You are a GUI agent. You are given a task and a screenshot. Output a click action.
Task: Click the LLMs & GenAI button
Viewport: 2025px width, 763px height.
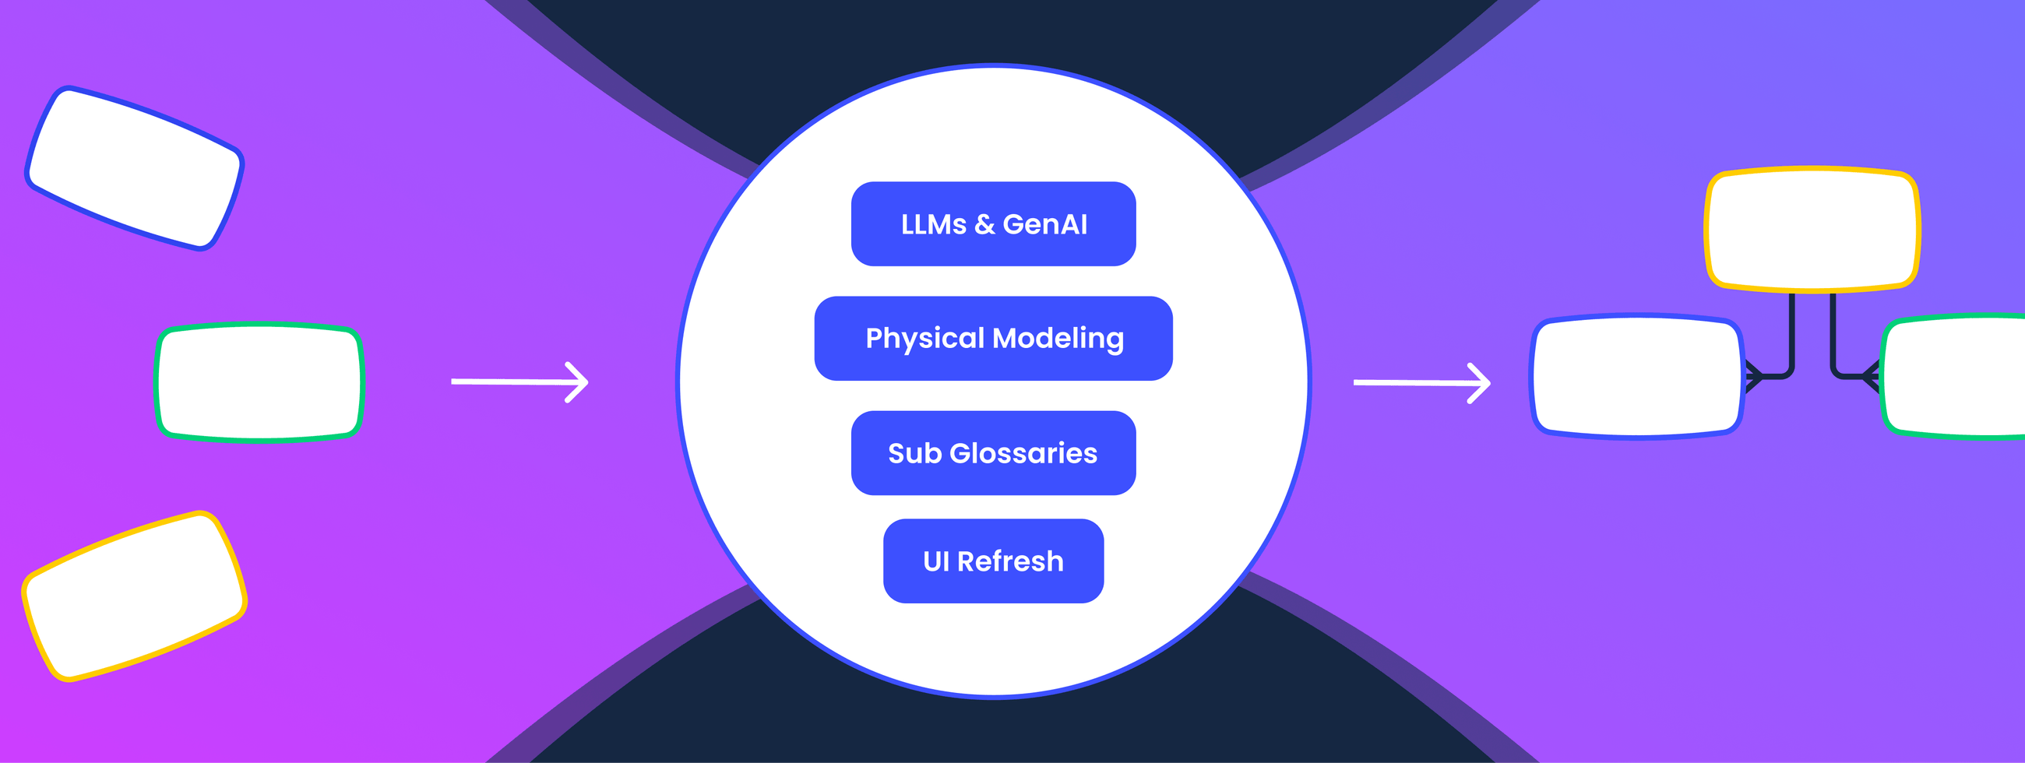pyautogui.click(x=993, y=224)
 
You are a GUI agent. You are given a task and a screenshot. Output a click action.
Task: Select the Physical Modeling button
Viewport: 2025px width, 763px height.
pyautogui.click(x=993, y=339)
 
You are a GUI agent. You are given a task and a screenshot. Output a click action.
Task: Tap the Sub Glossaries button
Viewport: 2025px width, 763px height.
pyautogui.click(x=993, y=453)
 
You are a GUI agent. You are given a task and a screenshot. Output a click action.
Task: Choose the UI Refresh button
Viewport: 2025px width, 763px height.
pyautogui.click(x=993, y=561)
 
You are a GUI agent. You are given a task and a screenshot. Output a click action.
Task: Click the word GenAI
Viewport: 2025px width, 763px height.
pyautogui.click(x=1044, y=225)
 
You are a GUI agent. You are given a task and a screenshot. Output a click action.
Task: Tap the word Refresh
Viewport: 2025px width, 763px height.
pyautogui.click(x=1010, y=561)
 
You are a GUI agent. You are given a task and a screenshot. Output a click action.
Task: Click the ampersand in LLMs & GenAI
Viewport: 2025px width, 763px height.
pyautogui.click(x=984, y=225)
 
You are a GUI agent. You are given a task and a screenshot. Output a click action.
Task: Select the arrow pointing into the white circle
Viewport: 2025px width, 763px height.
pyautogui.click(x=519, y=382)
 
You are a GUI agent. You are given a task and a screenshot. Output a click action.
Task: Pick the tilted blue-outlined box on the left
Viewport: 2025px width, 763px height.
pyautogui.click(x=135, y=168)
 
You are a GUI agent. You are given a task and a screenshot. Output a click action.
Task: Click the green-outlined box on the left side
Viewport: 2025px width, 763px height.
pyautogui.click(x=259, y=382)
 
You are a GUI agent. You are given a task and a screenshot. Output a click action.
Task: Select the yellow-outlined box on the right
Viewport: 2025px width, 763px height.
pyautogui.click(x=1812, y=229)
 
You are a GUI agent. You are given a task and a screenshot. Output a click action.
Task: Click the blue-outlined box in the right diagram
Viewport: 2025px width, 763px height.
pyautogui.click(x=1637, y=376)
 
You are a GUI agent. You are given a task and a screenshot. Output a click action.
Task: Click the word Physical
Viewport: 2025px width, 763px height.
pyautogui.click(x=924, y=339)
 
